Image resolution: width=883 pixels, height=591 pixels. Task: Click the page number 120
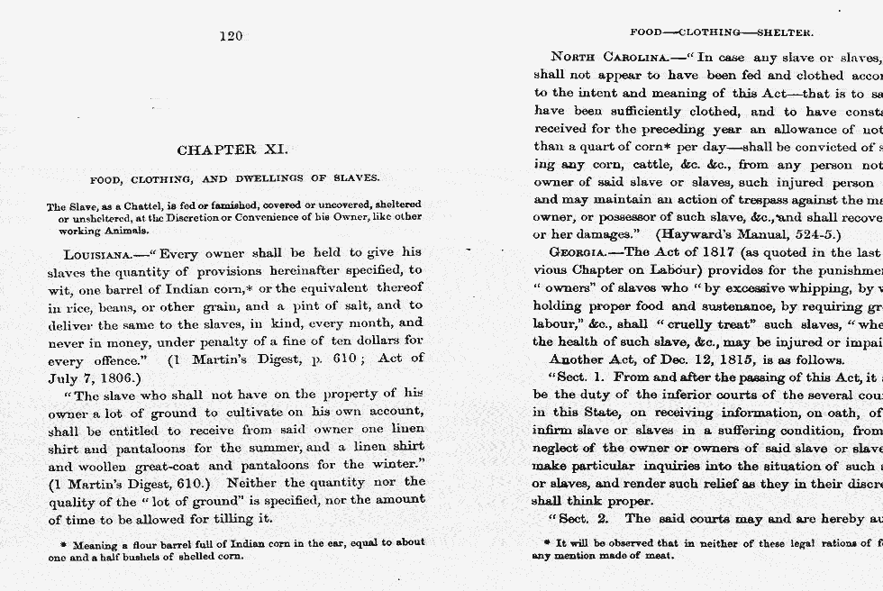tap(231, 36)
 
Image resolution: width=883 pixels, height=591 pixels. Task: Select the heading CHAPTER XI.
tap(232, 150)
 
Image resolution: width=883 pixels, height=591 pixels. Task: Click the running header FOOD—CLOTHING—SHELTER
tap(722, 32)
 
